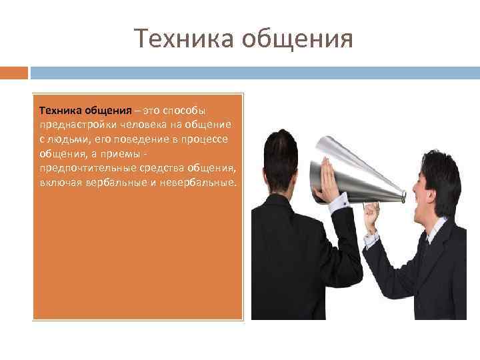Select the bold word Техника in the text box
[x=61, y=109]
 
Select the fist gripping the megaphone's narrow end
[x=372, y=215]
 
